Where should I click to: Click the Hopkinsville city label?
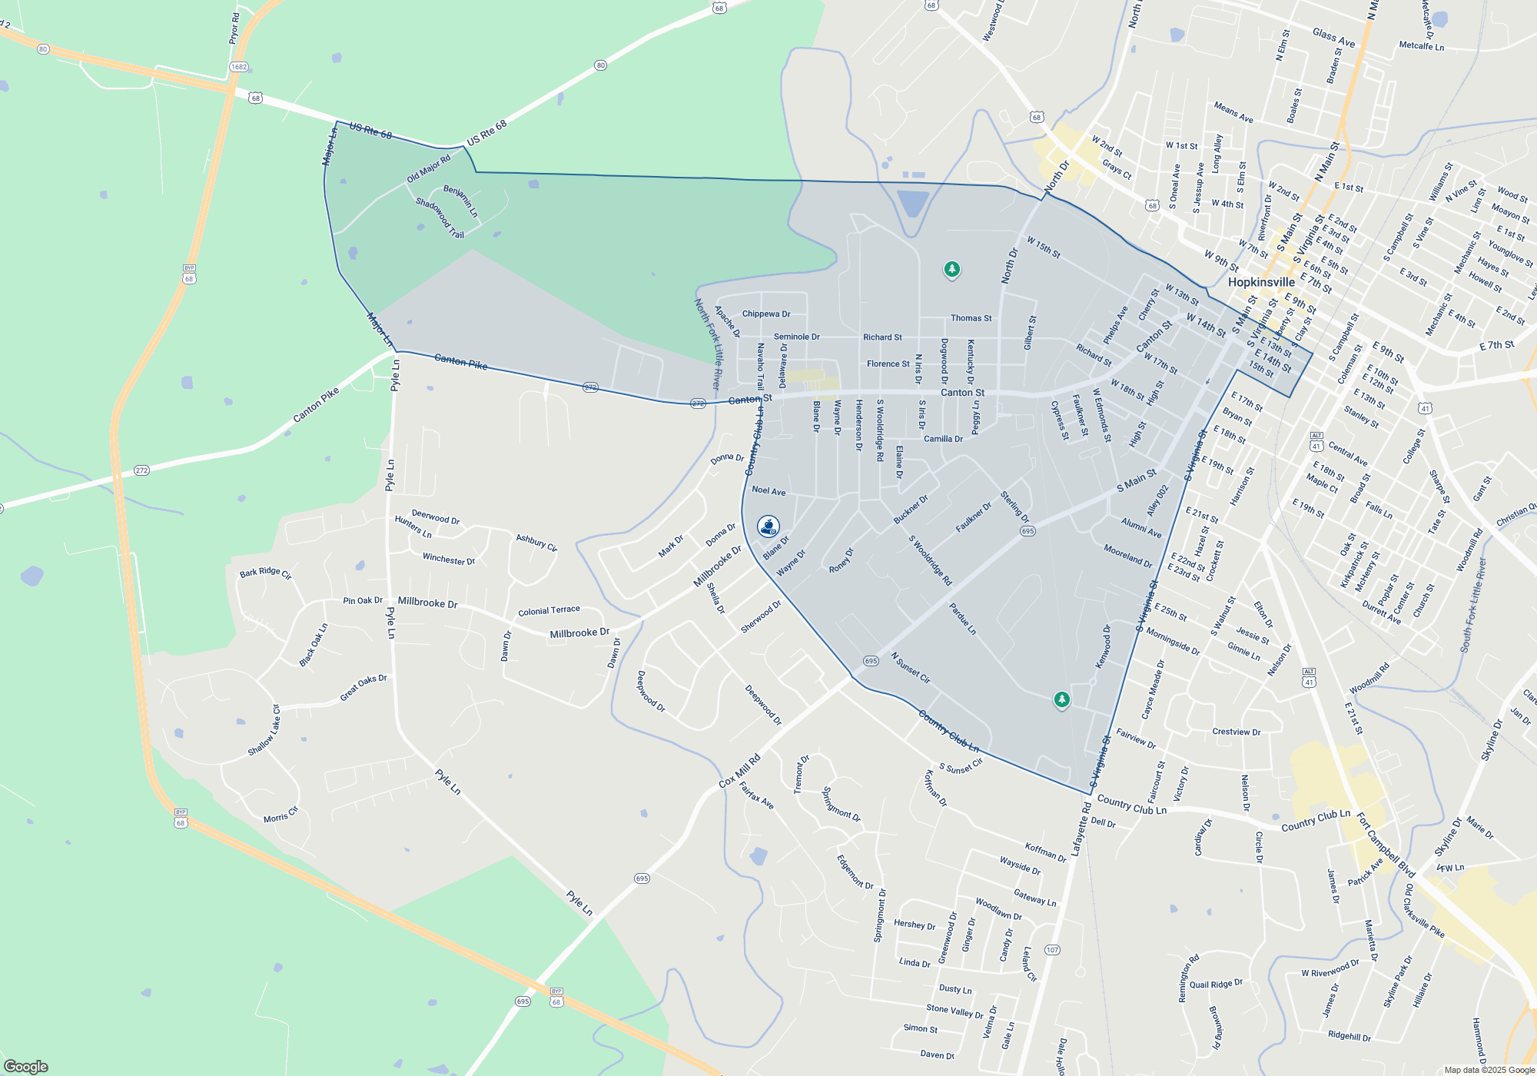pos(1261,282)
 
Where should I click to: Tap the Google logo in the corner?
pos(25,1066)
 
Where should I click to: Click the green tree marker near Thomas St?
pos(951,269)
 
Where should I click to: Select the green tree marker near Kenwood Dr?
pos(1061,699)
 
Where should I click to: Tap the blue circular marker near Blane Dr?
pos(768,526)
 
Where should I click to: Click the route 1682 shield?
pos(239,67)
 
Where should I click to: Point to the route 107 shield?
pos(1052,950)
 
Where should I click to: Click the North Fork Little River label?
pos(708,344)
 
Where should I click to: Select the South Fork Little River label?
pos(1473,605)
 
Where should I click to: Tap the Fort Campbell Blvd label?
pos(1386,845)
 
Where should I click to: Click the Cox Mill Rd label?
pos(739,770)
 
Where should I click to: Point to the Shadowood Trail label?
pos(440,218)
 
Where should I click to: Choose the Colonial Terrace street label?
pos(549,611)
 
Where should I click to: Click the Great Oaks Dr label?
pos(364,688)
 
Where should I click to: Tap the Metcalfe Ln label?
pos(1421,46)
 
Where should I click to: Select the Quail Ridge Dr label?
pos(1216,985)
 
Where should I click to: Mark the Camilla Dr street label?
pos(943,439)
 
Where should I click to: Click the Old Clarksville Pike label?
pos(1424,911)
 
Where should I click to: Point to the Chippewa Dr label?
pos(765,314)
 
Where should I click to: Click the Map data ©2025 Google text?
pos(1489,1070)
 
